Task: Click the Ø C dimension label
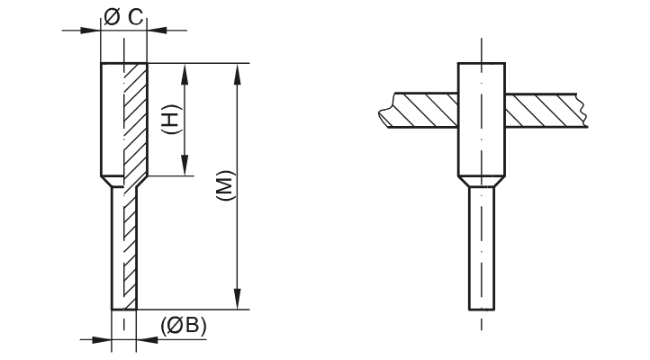(x=123, y=15)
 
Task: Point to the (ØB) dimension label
(x=184, y=325)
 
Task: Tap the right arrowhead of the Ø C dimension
(x=156, y=30)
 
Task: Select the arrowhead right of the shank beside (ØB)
(x=147, y=339)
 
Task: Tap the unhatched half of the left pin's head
(x=112, y=117)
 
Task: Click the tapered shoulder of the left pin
(x=123, y=182)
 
